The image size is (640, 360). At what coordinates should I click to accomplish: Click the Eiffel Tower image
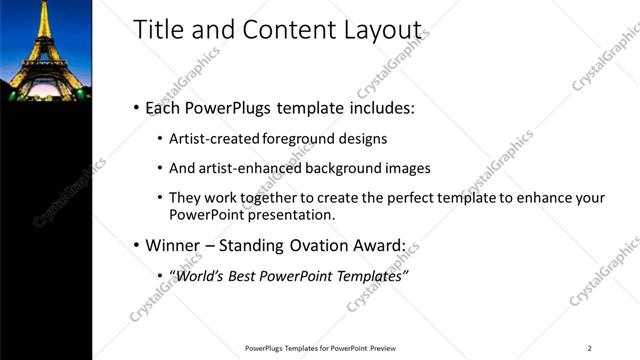point(45,50)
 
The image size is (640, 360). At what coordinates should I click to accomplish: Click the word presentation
point(282,214)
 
